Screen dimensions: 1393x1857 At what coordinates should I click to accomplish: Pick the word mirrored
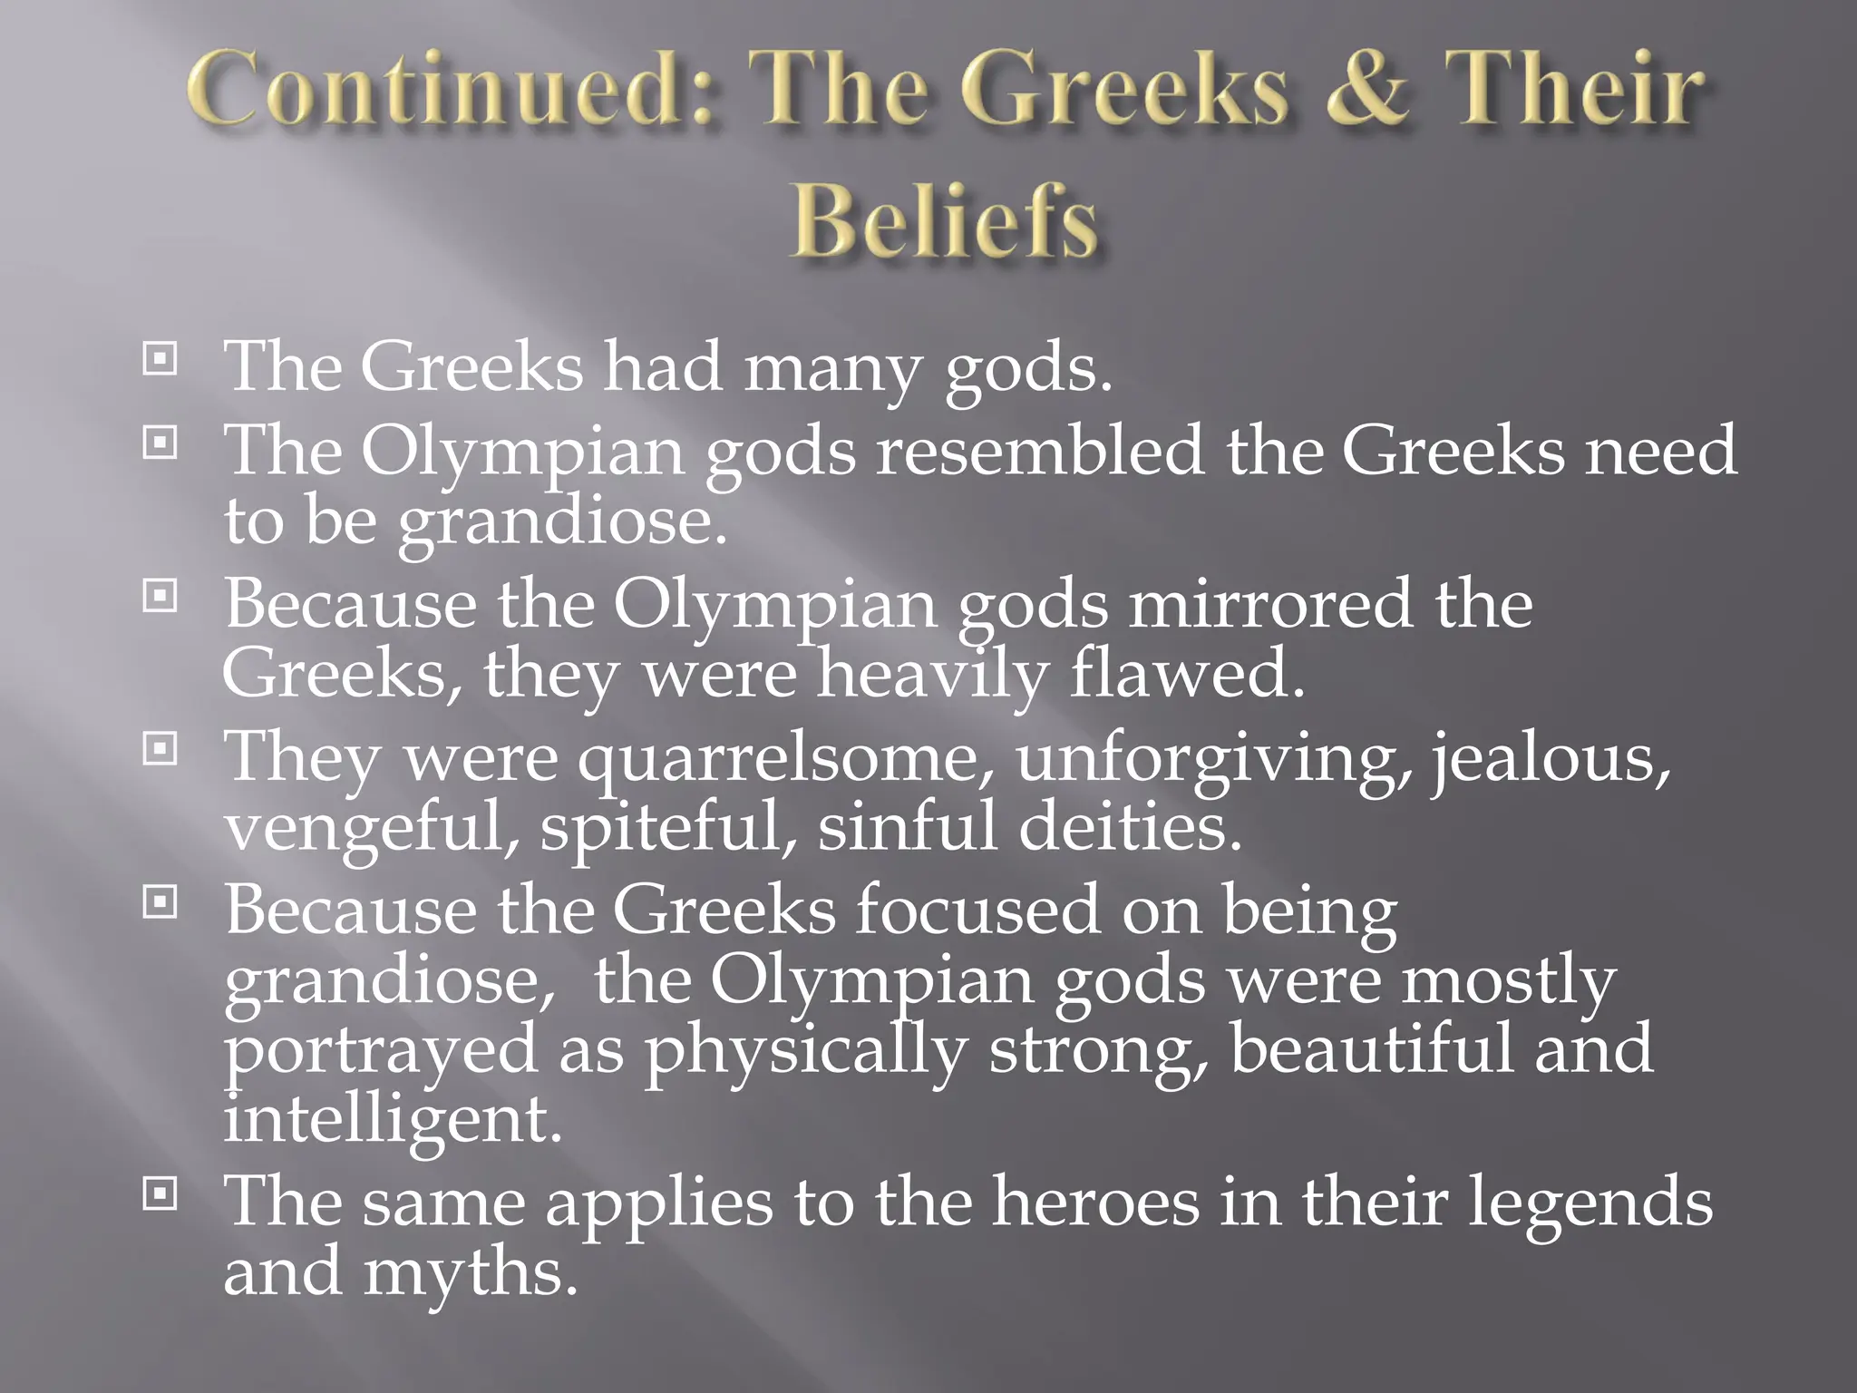(x=1269, y=605)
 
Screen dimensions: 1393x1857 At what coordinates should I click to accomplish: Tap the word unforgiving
(x=1215, y=758)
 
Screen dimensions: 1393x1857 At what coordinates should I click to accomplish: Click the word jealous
(x=1551, y=758)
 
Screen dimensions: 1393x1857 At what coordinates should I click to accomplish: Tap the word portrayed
(x=381, y=1051)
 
